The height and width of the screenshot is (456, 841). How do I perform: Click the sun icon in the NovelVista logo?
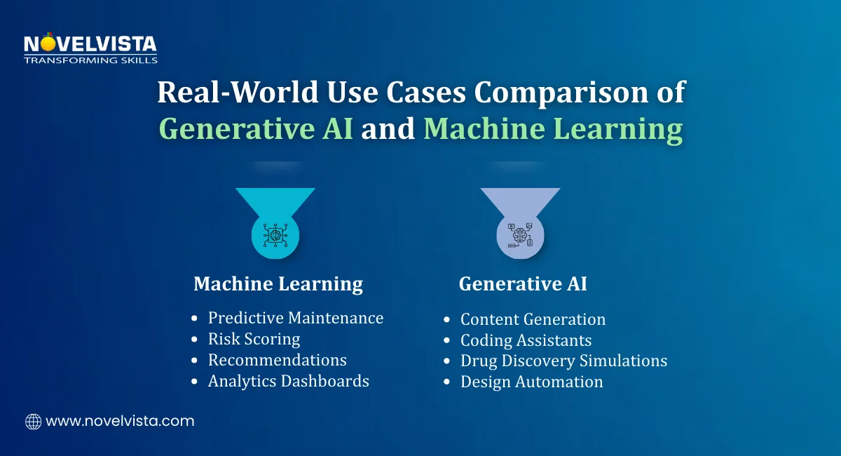48,43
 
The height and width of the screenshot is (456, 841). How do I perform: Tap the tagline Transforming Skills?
90,60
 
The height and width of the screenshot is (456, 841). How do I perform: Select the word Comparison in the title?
561,93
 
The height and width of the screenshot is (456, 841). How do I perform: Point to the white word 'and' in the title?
388,128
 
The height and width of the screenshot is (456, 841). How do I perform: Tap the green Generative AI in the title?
256,129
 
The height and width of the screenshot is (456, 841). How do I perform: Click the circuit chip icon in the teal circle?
275,235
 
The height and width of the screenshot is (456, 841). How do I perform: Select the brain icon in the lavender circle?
520,235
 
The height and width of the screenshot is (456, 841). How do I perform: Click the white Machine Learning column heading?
278,284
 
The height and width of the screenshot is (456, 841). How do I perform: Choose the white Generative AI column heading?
523,283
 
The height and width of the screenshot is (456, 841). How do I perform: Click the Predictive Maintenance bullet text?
296,318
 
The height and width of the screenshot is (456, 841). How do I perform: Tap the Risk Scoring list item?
254,339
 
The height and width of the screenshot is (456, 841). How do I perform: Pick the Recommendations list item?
278,360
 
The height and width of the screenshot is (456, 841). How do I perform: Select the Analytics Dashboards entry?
289,381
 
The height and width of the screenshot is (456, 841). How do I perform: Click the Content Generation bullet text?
533,319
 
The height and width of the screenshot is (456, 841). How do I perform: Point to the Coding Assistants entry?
526,340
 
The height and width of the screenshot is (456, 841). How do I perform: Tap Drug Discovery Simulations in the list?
564,361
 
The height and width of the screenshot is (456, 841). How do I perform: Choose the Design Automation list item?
532,382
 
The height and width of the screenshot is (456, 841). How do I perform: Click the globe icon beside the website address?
34,422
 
